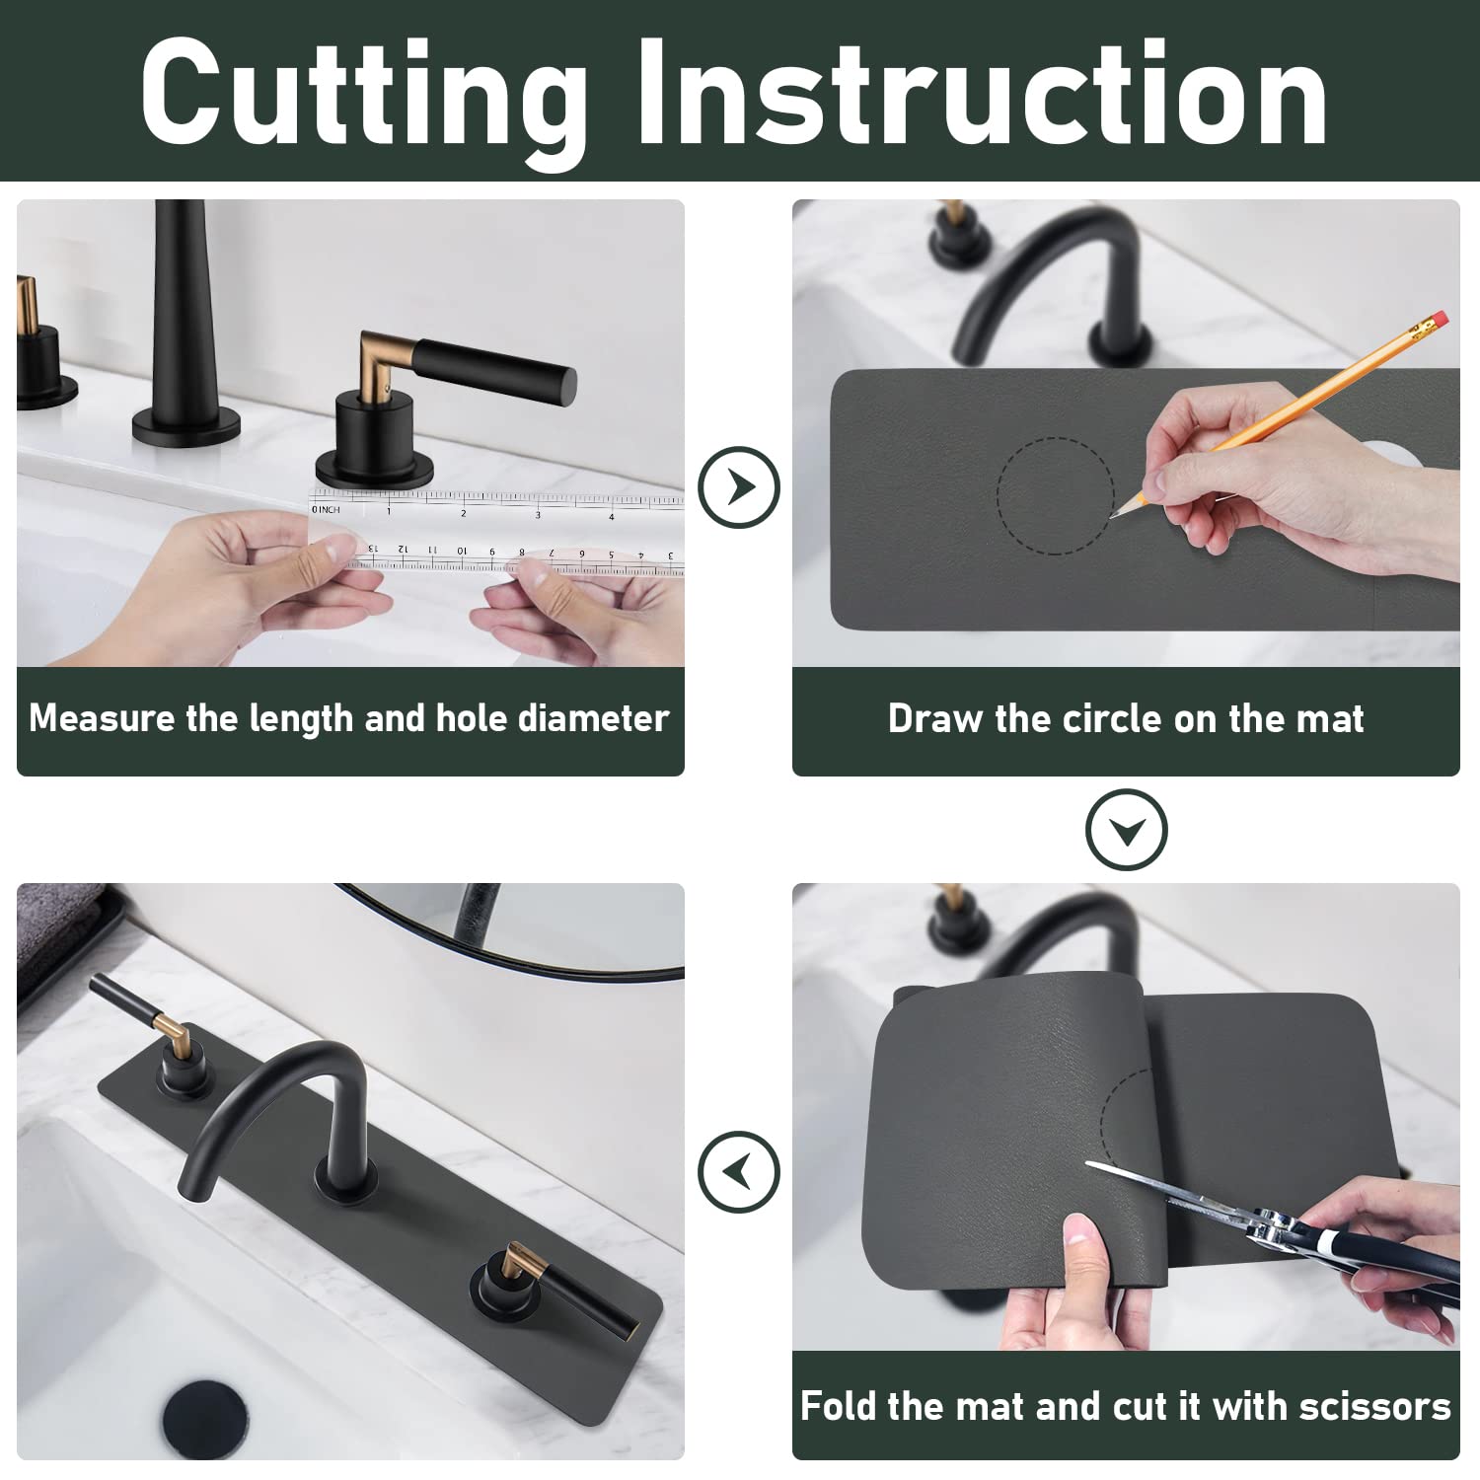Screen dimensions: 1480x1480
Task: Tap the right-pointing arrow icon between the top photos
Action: coord(739,486)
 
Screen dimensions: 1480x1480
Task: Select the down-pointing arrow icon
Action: coord(1126,830)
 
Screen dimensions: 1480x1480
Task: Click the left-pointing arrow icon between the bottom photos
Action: coord(739,1171)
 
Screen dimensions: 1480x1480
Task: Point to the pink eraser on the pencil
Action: coord(1439,321)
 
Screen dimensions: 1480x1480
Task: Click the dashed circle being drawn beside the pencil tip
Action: coord(1054,495)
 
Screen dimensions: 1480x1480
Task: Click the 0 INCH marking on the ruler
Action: coord(326,509)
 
